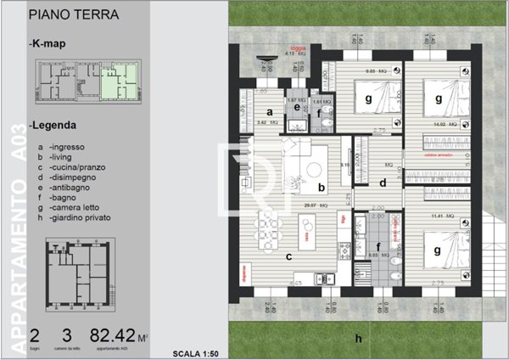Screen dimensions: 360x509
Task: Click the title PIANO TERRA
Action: click(73, 14)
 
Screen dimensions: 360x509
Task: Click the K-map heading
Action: click(48, 42)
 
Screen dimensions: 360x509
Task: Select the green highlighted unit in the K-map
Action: click(116, 83)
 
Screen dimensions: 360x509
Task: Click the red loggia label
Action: click(299, 49)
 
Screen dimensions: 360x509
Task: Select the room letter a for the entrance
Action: click(268, 111)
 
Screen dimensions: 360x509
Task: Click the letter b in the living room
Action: click(320, 188)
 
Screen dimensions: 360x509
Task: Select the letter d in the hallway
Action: click(383, 182)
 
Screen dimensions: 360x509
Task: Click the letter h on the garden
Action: click(359, 338)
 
